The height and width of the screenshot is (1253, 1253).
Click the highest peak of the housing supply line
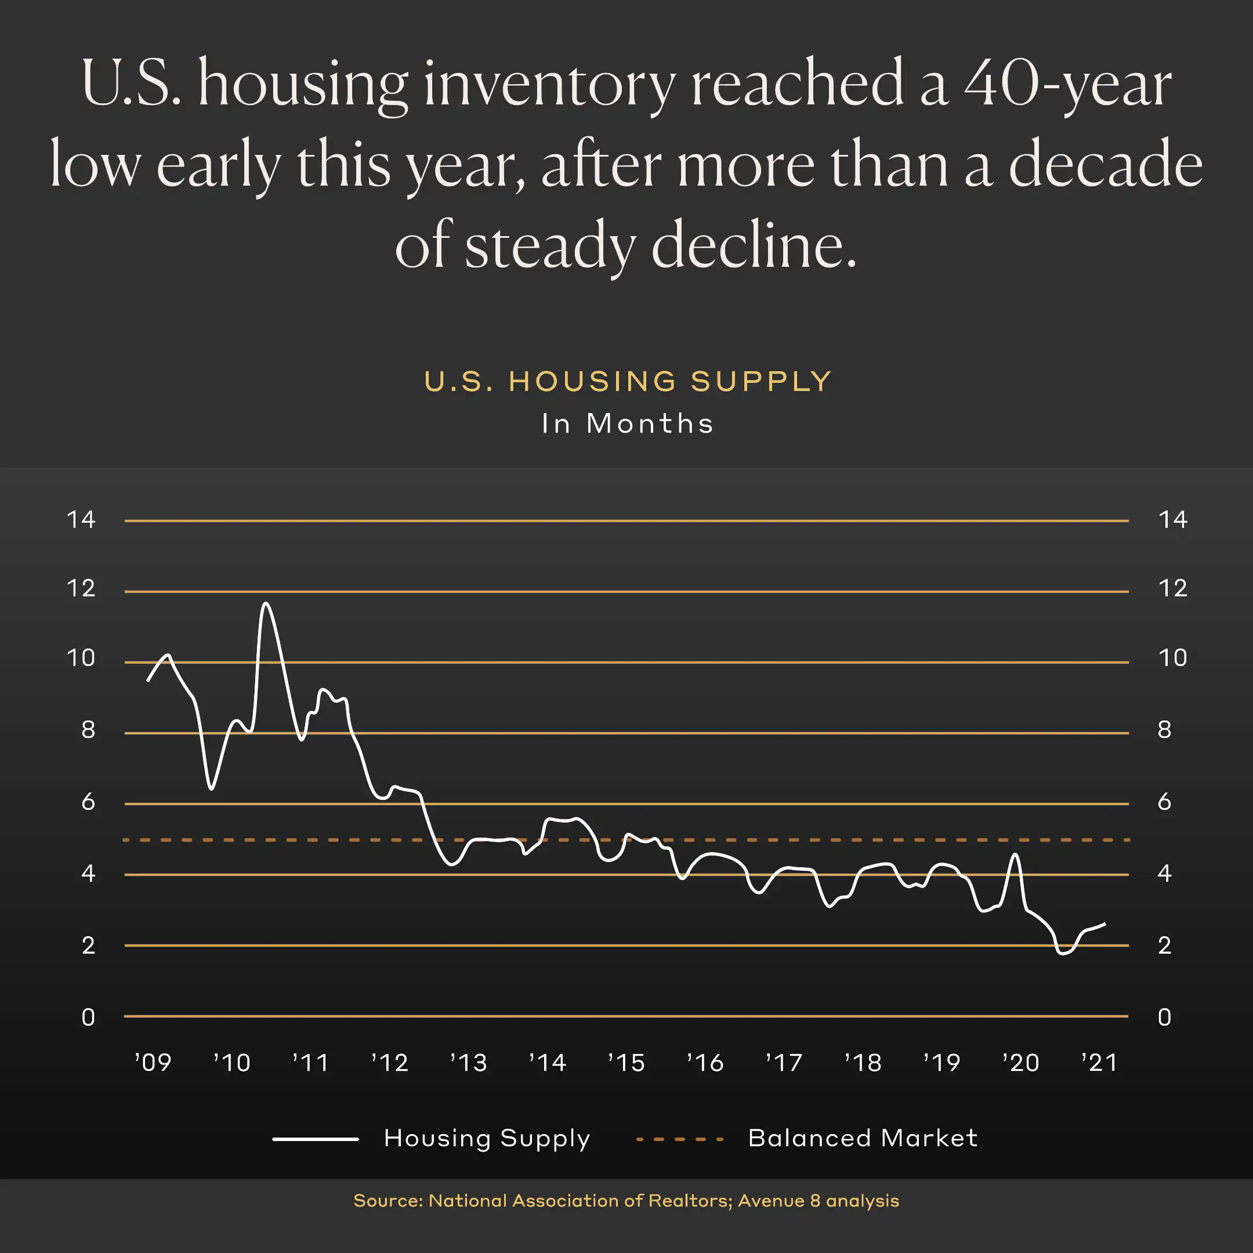pyautogui.click(x=266, y=603)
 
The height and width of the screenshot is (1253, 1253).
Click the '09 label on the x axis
pyautogui.click(x=153, y=1062)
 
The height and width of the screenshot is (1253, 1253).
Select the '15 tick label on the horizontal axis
pyautogui.click(x=626, y=1062)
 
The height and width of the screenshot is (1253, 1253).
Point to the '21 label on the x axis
pyautogui.click(x=1099, y=1062)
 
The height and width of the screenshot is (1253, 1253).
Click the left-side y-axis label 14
pyautogui.click(x=81, y=520)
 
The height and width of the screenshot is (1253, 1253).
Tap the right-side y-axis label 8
pyautogui.click(x=1165, y=730)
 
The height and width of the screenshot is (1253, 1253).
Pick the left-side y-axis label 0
pyautogui.click(x=88, y=1017)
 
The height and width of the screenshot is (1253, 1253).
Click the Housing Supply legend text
pyautogui.click(x=487, y=1138)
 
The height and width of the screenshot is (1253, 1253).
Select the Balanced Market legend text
pyautogui.click(x=863, y=1138)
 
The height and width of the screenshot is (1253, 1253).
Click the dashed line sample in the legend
pyautogui.click(x=680, y=1139)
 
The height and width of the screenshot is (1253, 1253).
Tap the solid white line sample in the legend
pyautogui.click(x=315, y=1139)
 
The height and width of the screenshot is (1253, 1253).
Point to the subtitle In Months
pyautogui.click(x=628, y=423)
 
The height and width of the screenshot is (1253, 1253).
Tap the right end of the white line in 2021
pyautogui.click(x=1104, y=924)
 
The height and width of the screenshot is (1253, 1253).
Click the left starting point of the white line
pyautogui.click(x=148, y=680)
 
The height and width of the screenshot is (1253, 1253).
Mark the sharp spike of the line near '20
pyautogui.click(x=1016, y=855)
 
